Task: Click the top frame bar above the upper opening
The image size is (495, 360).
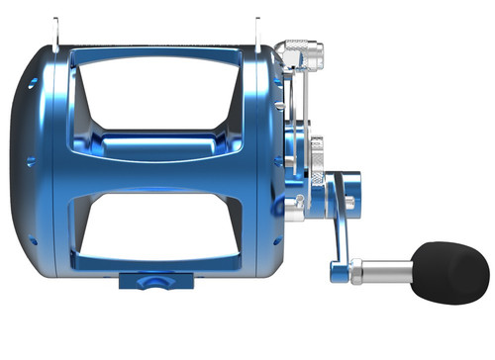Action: click(158, 49)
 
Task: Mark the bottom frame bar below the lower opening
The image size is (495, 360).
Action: click(158, 267)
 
